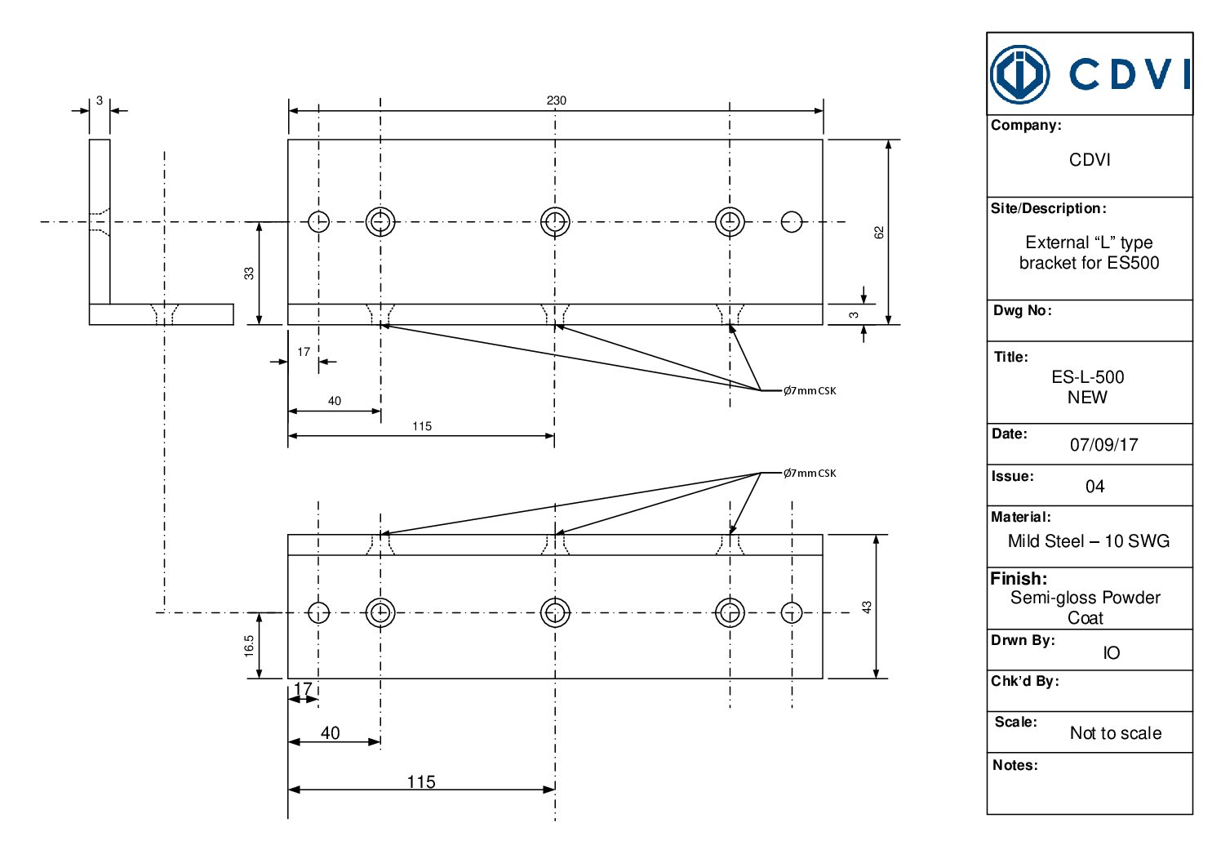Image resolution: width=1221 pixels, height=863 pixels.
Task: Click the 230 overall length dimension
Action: click(x=556, y=100)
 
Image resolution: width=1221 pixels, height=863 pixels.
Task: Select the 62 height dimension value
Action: click(x=879, y=232)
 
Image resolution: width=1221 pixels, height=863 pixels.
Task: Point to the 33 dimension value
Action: click(x=249, y=273)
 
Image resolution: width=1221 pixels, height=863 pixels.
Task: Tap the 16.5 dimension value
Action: click(x=249, y=646)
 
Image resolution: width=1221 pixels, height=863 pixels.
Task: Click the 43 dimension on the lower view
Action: click(x=867, y=607)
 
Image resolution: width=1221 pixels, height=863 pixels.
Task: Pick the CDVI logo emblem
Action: click(x=1019, y=74)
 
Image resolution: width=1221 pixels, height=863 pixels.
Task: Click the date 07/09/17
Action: click(x=1103, y=445)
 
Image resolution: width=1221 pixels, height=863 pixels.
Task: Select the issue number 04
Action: click(x=1094, y=487)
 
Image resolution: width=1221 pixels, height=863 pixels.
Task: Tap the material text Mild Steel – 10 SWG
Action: click(x=1088, y=541)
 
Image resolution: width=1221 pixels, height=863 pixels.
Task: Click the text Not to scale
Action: click(x=1115, y=733)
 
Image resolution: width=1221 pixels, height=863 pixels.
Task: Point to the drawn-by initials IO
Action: click(x=1111, y=653)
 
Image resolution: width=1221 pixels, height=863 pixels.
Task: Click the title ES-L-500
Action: click(x=1087, y=377)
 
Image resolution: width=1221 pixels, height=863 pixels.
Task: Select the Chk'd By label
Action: click(x=1024, y=681)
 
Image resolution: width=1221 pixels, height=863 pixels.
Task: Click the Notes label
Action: click(x=1015, y=765)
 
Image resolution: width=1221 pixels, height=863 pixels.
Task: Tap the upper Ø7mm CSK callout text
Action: click(x=810, y=391)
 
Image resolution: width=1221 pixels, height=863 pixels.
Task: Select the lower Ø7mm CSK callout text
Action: click(x=810, y=474)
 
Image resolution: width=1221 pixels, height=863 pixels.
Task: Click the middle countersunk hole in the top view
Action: click(x=555, y=221)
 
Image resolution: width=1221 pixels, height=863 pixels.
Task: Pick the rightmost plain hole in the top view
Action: click(x=792, y=221)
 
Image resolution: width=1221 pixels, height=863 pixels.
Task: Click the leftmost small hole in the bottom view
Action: click(x=318, y=612)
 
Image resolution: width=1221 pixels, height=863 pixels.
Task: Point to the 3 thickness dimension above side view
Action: click(x=100, y=100)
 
